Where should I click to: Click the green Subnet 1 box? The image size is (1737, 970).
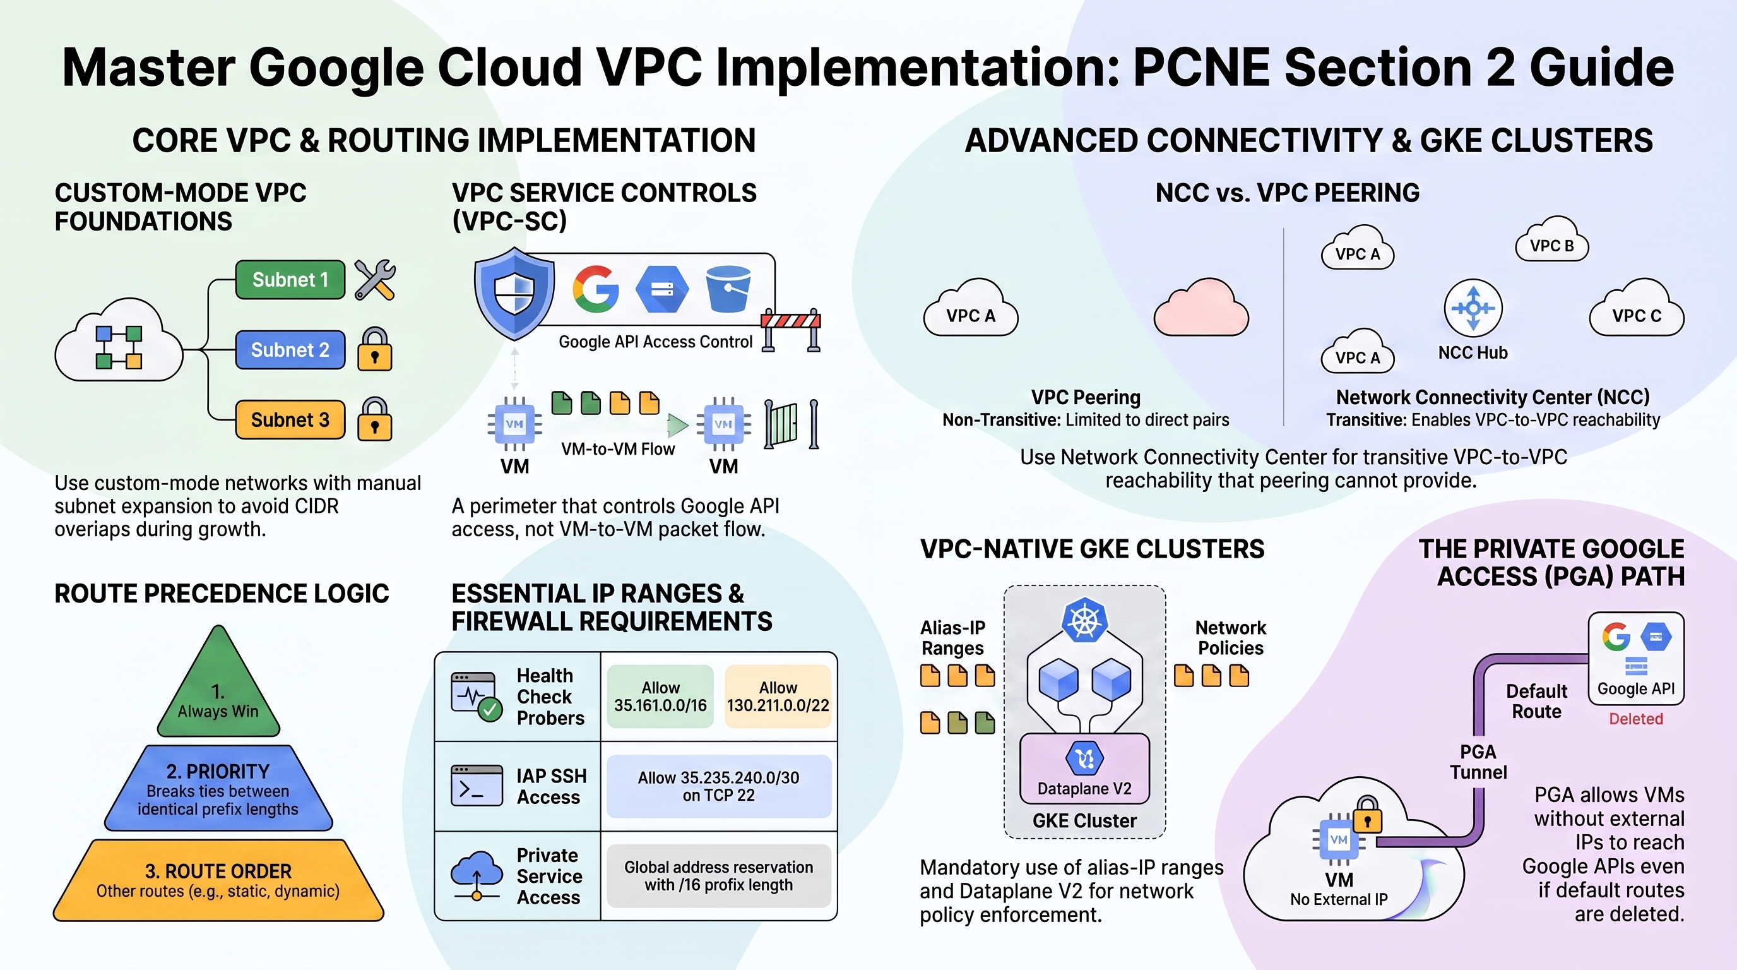[290, 280]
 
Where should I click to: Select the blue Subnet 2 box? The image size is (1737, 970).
[290, 350]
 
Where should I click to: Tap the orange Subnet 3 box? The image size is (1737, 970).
[290, 419]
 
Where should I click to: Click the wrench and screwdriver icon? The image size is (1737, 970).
[375, 279]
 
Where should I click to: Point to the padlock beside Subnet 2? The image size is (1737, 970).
[375, 349]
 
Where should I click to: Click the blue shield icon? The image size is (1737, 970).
[514, 294]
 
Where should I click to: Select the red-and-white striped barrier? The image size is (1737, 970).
[791, 329]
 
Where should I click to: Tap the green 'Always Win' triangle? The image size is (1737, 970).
[218, 681]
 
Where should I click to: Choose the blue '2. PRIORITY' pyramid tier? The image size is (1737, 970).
[218, 788]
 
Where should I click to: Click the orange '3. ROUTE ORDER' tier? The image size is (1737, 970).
[218, 880]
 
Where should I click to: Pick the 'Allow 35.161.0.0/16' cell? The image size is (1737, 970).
[660, 696]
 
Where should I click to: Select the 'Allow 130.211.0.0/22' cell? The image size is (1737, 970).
[778, 696]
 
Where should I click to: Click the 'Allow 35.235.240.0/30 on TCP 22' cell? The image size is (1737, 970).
[719, 786]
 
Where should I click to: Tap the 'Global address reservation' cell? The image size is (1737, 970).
[719, 875]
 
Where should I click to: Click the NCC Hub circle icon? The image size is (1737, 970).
[1473, 308]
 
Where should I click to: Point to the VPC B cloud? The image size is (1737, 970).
[1552, 240]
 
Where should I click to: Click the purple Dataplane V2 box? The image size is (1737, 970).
[1084, 769]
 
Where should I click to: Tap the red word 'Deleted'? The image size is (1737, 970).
[1636, 719]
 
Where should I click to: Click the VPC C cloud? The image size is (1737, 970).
[1637, 308]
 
